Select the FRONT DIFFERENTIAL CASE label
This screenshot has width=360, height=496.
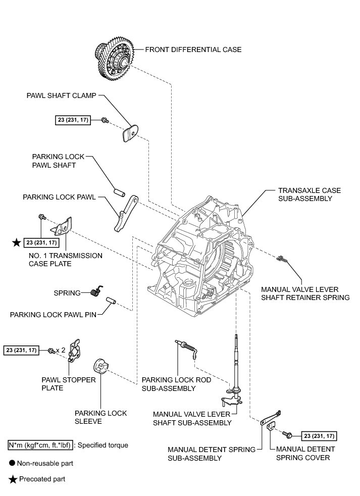193,49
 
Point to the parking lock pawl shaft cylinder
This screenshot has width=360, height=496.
120,192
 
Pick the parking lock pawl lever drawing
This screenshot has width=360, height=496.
126,213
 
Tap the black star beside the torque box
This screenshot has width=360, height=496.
17,243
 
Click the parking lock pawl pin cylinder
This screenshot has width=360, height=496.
111,301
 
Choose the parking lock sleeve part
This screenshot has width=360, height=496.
102,366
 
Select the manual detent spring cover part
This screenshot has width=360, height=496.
271,428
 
